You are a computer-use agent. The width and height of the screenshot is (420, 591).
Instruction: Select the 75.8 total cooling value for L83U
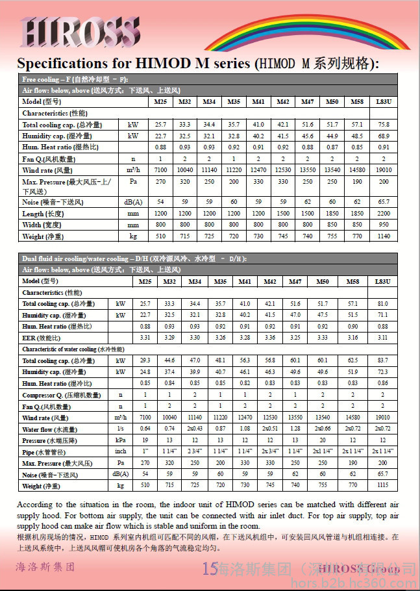tap(383, 124)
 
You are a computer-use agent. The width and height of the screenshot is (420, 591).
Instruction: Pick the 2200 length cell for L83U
tap(383, 214)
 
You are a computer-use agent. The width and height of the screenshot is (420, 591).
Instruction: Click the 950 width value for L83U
tap(383, 225)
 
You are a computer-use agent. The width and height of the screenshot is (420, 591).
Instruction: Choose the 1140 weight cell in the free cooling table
tap(383, 236)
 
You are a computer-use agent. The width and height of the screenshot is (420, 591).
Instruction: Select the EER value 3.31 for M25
tap(145, 338)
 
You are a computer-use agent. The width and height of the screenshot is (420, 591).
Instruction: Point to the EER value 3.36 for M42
tap(282, 338)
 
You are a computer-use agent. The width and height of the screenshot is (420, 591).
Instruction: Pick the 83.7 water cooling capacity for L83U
tap(382, 360)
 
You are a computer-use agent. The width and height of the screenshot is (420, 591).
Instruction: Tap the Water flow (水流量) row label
tap(49, 429)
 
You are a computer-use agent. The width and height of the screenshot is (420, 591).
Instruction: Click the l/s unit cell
tap(120, 429)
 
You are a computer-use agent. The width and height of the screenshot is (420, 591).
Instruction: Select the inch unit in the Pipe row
tap(120, 451)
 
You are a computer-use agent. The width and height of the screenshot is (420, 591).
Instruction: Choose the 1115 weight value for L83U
tap(382, 485)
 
